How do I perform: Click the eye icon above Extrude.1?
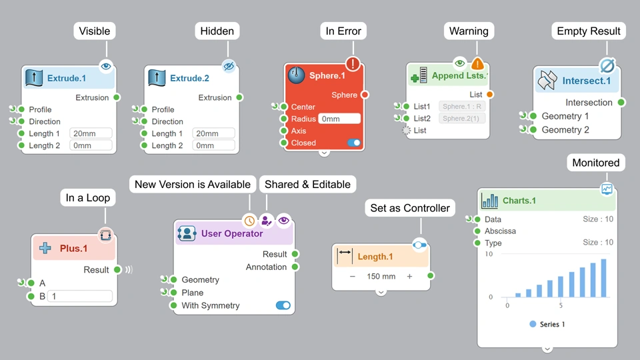107,65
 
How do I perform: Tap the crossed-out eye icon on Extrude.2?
229,65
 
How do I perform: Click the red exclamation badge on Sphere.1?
353,64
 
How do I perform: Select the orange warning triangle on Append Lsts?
477,64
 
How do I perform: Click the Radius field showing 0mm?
339,119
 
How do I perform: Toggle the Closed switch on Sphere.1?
353,143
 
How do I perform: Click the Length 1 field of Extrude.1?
91,133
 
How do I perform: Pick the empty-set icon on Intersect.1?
607,65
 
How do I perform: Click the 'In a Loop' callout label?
88,198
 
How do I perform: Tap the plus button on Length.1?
409,276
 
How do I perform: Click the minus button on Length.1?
352,276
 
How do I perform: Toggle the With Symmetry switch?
283,305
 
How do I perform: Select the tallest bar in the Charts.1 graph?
604,278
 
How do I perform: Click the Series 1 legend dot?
533,324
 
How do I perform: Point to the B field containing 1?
79,296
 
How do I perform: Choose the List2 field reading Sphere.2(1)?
463,119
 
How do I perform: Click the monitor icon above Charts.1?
607,189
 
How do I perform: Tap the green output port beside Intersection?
621,103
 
